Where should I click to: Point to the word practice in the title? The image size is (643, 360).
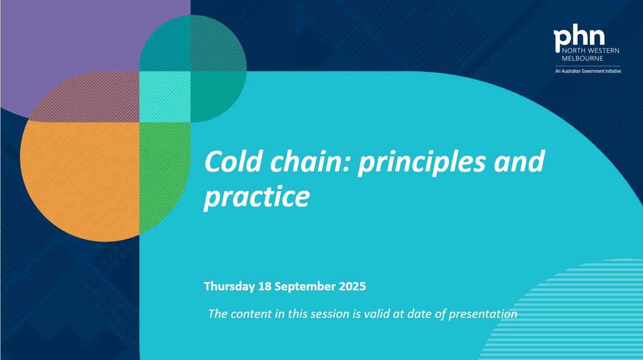pyautogui.click(x=257, y=197)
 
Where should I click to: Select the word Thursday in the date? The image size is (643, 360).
pyautogui.click(x=229, y=286)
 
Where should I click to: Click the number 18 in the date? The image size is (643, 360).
pyautogui.click(x=265, y=286)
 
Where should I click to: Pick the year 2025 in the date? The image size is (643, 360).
pyautogui.click(x=352, y=286)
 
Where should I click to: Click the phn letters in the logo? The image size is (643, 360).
pyautogui.click(x=579, y=37)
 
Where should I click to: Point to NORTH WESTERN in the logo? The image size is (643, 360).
pyautogui.click(x=590, y=51)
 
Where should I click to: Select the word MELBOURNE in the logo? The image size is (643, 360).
pyautogui.click(x=582, y=59)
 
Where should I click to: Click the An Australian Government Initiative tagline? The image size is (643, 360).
pyautogui.click(x=588, y=71)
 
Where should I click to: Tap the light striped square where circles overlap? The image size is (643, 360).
pyautogui.click(x=165, y=97)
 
